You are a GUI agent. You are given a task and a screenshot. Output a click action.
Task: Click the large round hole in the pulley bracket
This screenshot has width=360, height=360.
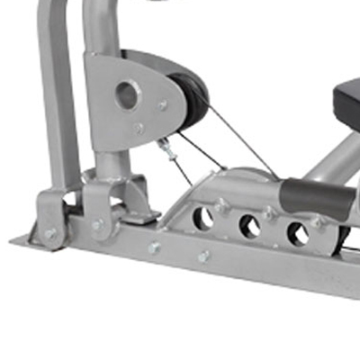click(127, 93)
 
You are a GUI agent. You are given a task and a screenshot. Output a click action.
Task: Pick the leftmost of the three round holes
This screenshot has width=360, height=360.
click(203, 216)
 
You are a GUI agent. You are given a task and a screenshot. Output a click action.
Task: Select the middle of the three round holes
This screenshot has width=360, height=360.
click(249, 226)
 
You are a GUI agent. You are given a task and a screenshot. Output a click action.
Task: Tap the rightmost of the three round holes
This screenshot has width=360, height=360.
click(297, 234)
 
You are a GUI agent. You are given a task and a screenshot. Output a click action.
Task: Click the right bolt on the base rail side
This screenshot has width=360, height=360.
click(204, 256)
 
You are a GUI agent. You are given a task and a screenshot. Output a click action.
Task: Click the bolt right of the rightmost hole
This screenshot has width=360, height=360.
click(317, 222)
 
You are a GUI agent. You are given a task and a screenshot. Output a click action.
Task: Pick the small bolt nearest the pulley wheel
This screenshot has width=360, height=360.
click(163, 105)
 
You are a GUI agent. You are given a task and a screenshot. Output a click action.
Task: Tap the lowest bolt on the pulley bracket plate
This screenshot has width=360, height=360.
click(139, 129)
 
